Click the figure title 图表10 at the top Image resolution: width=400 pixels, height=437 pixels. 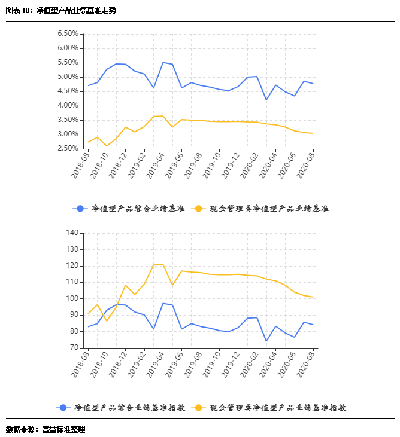(x=60, y=11)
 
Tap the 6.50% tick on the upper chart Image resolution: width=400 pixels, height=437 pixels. (x=68, y=33)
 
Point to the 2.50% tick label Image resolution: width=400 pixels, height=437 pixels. (x=68, y=148)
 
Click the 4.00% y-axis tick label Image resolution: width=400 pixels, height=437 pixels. (x=68, y=105)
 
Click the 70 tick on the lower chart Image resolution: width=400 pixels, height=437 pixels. (x=74, y=347)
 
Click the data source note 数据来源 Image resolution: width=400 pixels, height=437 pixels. (x=46, y=429)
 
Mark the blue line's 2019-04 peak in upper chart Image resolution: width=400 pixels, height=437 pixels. (x=163, y=62)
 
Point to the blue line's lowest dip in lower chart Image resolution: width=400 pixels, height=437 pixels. (x=266, y=341)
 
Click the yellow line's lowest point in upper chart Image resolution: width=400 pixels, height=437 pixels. (x=107, y=146)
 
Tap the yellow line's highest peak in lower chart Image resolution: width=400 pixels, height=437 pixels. (x=163, y=264)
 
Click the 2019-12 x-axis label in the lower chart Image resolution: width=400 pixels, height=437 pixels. (x=231, y=364)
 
